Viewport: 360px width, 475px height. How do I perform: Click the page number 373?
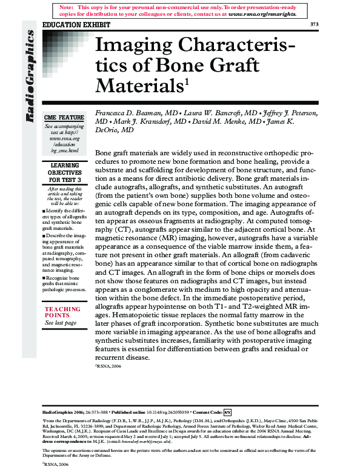[313, 24]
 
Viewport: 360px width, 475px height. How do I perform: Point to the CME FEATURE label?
[63, 117]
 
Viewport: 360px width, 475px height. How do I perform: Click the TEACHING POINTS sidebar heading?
[62, 312]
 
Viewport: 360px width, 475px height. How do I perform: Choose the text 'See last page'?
[61, 323]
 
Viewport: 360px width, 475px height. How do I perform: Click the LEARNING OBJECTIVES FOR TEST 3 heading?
[63, 172]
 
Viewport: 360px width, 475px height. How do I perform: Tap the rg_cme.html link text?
[65, 150]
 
